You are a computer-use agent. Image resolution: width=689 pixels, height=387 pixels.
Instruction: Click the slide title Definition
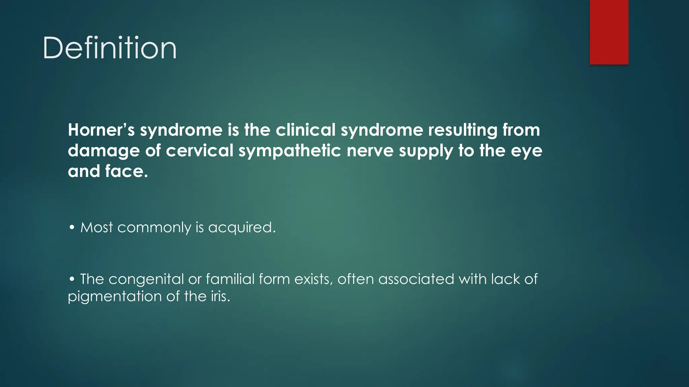pos(109,48)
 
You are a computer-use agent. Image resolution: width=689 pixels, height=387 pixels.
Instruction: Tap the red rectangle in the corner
pos(609,32)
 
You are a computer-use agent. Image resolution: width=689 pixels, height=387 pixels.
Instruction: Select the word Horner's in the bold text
pos(101,130)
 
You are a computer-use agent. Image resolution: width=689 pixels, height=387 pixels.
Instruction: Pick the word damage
pos(104,151)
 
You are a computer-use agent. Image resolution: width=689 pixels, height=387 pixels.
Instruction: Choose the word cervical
pos(200,151)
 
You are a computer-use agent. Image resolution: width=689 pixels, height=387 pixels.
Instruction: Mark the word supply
pos(426,151)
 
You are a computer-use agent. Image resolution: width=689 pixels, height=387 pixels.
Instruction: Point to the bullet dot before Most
pos(72,227)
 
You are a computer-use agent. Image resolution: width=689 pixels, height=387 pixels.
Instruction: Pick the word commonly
pos(154,228)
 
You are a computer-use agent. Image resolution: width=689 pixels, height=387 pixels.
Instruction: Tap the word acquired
pos(242,228)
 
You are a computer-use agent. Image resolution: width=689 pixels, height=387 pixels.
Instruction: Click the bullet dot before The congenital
pos(72,279)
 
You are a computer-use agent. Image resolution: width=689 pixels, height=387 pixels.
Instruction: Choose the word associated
pos(416,279)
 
